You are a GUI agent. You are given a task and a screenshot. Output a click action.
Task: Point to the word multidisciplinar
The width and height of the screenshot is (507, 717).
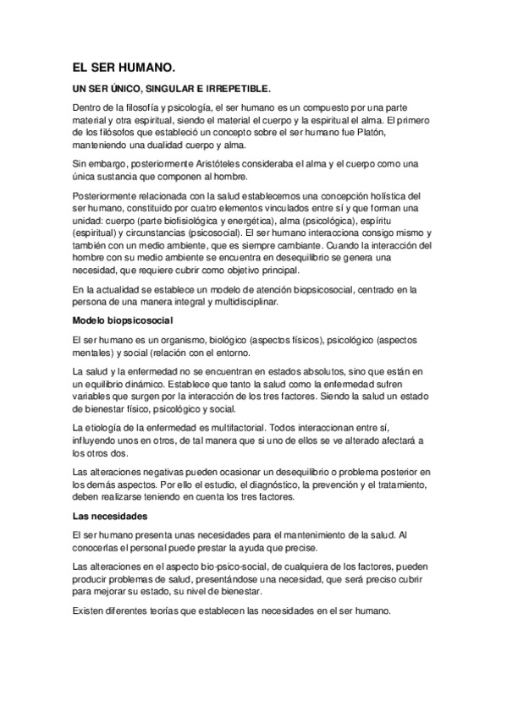click(x=252, y=303)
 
